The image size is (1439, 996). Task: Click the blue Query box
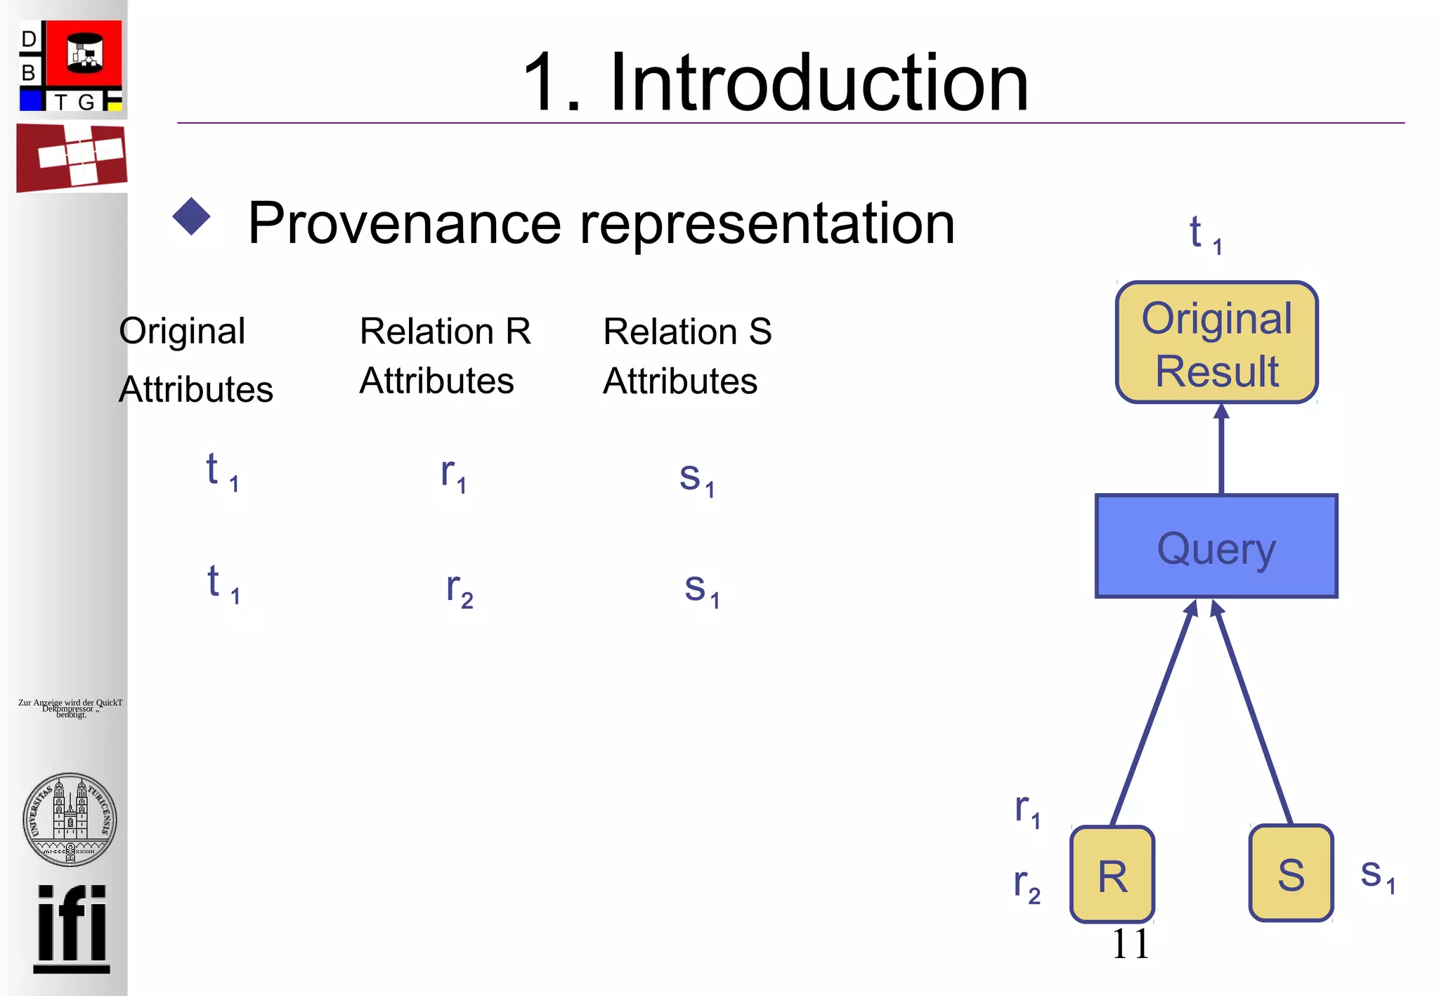tap(1216, 546)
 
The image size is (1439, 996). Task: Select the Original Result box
tap(1216, 343)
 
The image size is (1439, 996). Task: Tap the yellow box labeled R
tap(1112, 874)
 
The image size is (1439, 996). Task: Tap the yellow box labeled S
tap(1291, 873)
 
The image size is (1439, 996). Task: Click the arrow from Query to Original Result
tap(1221, 450)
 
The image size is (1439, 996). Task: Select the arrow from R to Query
tap(1152, 713)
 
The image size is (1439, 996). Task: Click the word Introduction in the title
tap(819, 83)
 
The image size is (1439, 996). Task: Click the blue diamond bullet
tap(191, 216)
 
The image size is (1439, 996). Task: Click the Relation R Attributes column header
tap(445, 355)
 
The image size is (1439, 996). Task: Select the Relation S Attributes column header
tap(686, 355)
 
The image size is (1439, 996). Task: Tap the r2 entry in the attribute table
tap(460, 589)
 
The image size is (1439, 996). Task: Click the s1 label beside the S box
tap(1377, 874)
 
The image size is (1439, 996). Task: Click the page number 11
tap(1130, 943)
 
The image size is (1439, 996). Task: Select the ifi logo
tap(72, 927)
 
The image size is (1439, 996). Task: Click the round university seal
tap(70, 818)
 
